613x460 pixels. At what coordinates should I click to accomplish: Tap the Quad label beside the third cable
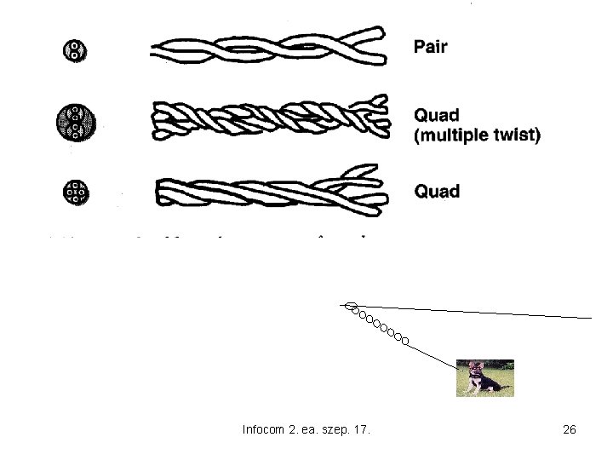point(437,191)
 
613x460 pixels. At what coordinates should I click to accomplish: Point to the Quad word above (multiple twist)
point(437,115)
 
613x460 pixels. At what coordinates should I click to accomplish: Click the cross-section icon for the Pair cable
point(74,49)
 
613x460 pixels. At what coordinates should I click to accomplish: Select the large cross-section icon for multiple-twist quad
point(76,122)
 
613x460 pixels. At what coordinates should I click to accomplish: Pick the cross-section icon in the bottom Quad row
point(76,193)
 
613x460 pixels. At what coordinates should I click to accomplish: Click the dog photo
point(484,378)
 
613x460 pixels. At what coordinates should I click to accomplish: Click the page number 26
point(570,430)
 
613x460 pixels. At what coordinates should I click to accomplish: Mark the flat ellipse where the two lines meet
point(349,304)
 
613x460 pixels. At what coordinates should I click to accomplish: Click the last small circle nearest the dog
point(405,341)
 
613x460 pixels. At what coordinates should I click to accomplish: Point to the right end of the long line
point(590,317)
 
